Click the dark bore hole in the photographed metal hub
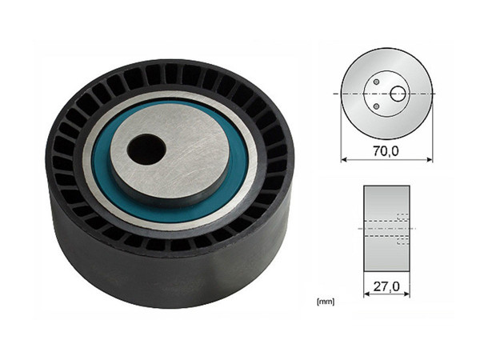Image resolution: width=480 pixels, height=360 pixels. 146,148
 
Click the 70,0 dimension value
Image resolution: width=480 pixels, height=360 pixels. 386,149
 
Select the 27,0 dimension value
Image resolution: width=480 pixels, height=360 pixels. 386,283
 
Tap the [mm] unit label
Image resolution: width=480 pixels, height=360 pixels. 326,302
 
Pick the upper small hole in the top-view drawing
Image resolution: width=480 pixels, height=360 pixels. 376,82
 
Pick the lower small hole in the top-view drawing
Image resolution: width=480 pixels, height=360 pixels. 376,106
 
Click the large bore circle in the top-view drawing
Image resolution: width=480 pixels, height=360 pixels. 398,94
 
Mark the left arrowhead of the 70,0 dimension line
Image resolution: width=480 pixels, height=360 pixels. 344,158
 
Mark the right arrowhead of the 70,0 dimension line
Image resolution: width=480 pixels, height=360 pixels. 429,158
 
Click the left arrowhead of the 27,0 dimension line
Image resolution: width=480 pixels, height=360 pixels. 366,294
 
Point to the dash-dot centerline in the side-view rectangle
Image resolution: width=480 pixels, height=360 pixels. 376,229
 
